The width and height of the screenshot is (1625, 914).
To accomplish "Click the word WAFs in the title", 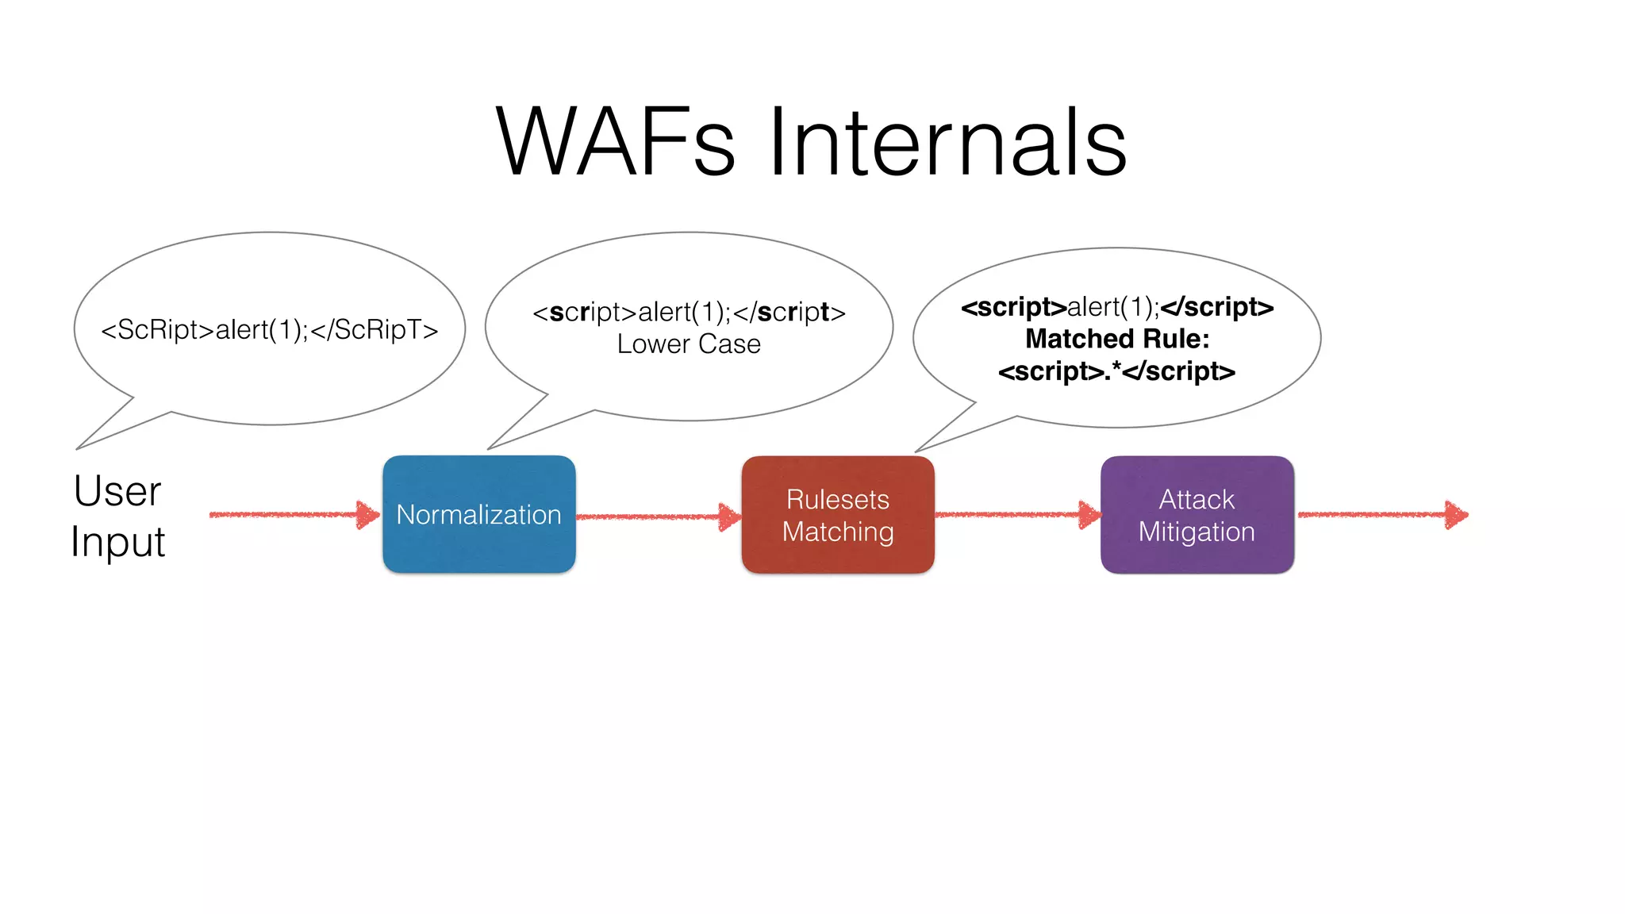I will click(x=616, y=143).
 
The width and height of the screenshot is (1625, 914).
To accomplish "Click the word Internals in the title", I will click(x=947, y=143).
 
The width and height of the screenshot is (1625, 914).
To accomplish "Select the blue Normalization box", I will click(x=478, y=514).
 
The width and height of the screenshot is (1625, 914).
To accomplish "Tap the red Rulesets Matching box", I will click(x=838, y=514).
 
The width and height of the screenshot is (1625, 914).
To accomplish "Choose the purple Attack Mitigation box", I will click(x=1197, y=514).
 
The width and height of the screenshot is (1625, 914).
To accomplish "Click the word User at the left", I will click(x=117, y=491).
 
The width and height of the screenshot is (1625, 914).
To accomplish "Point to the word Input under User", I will click(x=117, y=543).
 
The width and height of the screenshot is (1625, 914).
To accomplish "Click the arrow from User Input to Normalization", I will click(x=294, y=515).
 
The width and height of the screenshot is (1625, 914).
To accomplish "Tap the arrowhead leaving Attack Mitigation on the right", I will click(x=1456, y=515).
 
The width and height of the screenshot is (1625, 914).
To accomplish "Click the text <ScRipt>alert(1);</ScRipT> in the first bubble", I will click(x=269, y=329).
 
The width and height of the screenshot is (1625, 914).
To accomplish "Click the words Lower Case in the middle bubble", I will click(x=689, y=344).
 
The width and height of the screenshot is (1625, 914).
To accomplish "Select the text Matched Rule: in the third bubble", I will click(x=1116, y=339).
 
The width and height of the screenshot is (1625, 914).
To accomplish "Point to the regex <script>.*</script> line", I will click(x=1116, y=371).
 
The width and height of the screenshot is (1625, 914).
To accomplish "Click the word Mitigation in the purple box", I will click(x=1197, y=532).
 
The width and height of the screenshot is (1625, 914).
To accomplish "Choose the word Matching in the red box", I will click(x=838, y=532).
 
